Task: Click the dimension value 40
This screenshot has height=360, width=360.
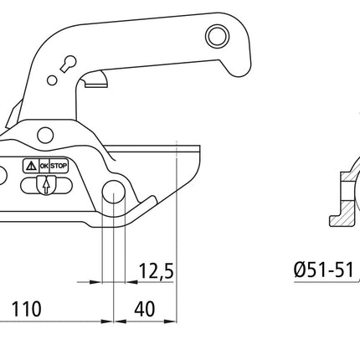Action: click(144, 308)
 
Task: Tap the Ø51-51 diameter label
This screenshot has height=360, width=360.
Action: click(321, 270)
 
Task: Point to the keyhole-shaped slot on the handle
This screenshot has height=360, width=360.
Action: click(69, 64)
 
